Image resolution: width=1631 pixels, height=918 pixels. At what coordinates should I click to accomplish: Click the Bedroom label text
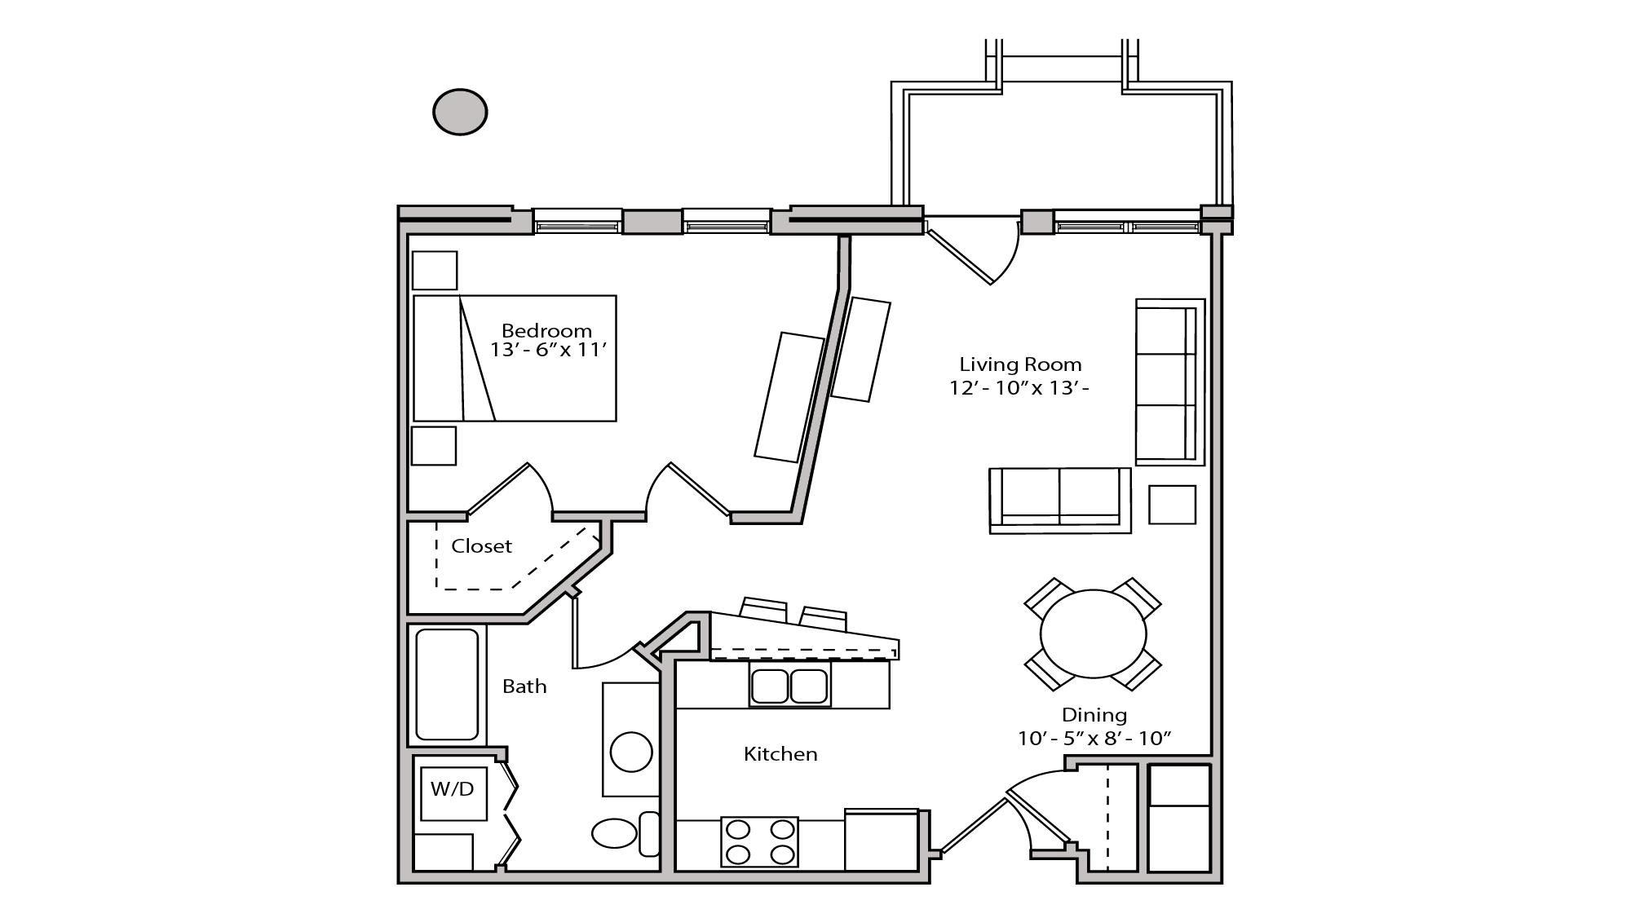[x=546, y=331]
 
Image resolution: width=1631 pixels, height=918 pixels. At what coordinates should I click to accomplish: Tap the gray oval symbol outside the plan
[x=460, y=112]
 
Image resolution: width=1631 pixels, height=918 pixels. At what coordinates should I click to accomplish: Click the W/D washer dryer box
[x=453, y=789]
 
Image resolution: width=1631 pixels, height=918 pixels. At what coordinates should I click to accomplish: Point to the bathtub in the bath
[x=447, y=684]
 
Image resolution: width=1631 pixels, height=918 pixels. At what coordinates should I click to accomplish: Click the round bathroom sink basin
[x=631, y=752]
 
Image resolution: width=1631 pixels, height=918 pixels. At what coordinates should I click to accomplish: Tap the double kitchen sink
[x=789, y=686]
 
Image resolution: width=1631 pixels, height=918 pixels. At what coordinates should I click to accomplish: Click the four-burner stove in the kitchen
[x=759, y=842]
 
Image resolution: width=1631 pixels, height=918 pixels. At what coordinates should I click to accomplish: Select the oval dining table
[x=1093, y=633]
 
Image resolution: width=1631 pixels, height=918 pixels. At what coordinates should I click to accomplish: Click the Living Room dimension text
[x=1019, y=388]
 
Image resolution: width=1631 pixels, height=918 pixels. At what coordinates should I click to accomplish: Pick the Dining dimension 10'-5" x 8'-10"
[x=1094, y=739]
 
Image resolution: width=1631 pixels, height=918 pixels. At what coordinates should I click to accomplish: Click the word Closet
[x=481, y=546]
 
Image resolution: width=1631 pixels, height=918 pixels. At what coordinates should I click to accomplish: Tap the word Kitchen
[x=780, y=754]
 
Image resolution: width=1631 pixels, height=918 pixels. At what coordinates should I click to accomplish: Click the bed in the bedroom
[x=515, y=359]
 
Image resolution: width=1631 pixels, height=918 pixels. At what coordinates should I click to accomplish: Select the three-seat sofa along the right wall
[x=1169, y=382]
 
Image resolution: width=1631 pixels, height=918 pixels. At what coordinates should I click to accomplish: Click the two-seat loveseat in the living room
[x=1059, y=499]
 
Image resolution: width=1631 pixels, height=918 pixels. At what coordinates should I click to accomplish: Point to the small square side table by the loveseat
[x=1172, y=505]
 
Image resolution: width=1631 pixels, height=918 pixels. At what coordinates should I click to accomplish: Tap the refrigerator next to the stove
[x=881, y=840]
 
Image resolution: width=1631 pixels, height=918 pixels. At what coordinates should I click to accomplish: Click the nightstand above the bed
[x=434, y=271]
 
